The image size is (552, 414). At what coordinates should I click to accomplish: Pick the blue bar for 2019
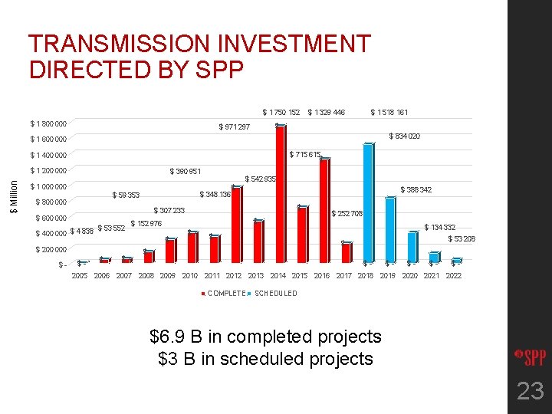[390, 230]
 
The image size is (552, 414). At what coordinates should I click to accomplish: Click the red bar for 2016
[324, 212]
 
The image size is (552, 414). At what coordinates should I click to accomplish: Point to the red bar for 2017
[346, 254]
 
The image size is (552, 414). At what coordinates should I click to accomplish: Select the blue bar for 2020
[412, 248]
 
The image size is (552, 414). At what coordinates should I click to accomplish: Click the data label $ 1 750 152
[281, 113]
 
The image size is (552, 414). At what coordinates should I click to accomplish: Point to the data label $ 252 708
[347, 213]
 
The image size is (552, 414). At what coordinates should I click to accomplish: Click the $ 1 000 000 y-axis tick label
[48, 187]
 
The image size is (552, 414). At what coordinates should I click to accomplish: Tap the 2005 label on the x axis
[79, 275]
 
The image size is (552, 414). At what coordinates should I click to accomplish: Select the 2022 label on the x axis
[454, 275]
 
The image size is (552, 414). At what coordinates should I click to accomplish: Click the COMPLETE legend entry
[225, 293]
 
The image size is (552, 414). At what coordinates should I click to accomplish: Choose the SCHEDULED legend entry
[275, 293]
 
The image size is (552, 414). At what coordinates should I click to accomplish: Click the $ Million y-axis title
[11, 195]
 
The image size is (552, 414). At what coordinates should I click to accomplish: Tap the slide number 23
[530, 392]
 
